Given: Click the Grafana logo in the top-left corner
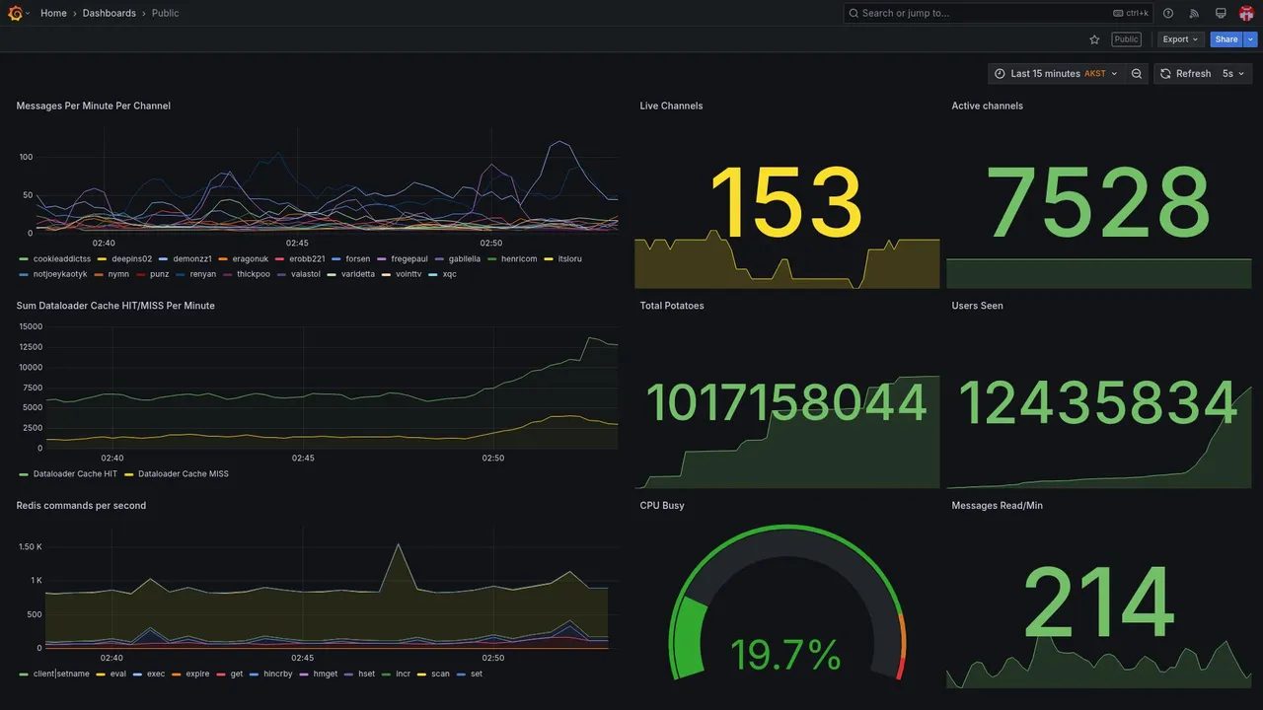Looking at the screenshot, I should pyautogui.click(x=15, y=13).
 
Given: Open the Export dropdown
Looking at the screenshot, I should pyautogui.click(x=1180, y=39).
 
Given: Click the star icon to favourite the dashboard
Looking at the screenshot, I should pyautogui.click(x=1094, y=39).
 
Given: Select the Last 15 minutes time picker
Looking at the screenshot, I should pyautogui.click(x=1055, y=74).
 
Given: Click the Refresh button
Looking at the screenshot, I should pyautogui.click(x=1185, y=74).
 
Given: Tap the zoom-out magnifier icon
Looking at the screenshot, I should pyautogui.click(x=1137, y=74).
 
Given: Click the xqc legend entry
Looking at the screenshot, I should pyautogui.click(x=449, y=274).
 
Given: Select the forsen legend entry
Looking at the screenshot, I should pyautogui.click(x=357, y=259).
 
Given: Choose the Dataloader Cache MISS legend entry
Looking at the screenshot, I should pyautogui.click(x=183, y=474).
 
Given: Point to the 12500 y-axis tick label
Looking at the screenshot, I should pyautogui.click(x=30, y=346).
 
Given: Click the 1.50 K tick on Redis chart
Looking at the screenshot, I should pyautogui.click(x=30, y=546).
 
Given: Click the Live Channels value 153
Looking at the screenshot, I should pyautogui.click(x=786, y=203).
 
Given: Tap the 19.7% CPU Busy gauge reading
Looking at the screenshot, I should pyautogui.click(x=785, y=655).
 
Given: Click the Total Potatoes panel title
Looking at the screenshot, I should pyautogui.click(x=672, y=306).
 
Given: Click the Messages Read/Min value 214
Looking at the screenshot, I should pyautogui.click(x=1098, y=601).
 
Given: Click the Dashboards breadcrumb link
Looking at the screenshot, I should pyautogui.click(x=109, y=13).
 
